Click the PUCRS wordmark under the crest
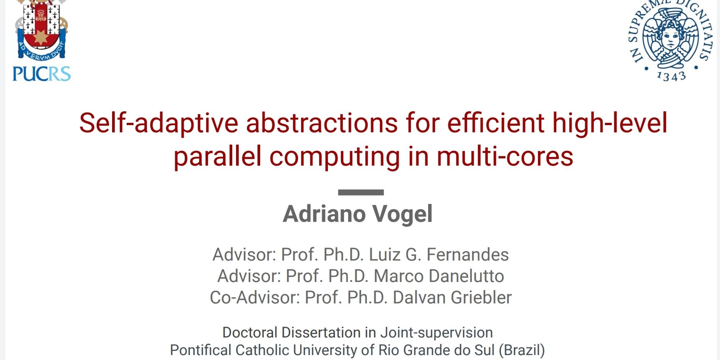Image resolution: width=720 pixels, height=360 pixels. point(42,74)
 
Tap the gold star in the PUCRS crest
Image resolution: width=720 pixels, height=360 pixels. point(41,37)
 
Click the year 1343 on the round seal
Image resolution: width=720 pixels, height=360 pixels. point(671,77)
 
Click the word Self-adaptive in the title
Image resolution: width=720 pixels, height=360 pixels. point(159,123)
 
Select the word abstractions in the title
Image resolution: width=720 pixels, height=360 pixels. point(322,123)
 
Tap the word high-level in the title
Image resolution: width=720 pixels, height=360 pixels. point(610,123)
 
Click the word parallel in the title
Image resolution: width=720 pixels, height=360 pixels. point(218,156)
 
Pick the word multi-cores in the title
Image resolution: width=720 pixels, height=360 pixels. point(505,156)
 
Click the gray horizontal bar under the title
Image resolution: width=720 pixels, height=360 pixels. point(361,192)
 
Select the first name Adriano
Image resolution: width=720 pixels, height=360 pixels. point(324,213)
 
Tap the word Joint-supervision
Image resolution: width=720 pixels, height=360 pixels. point(437,333)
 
